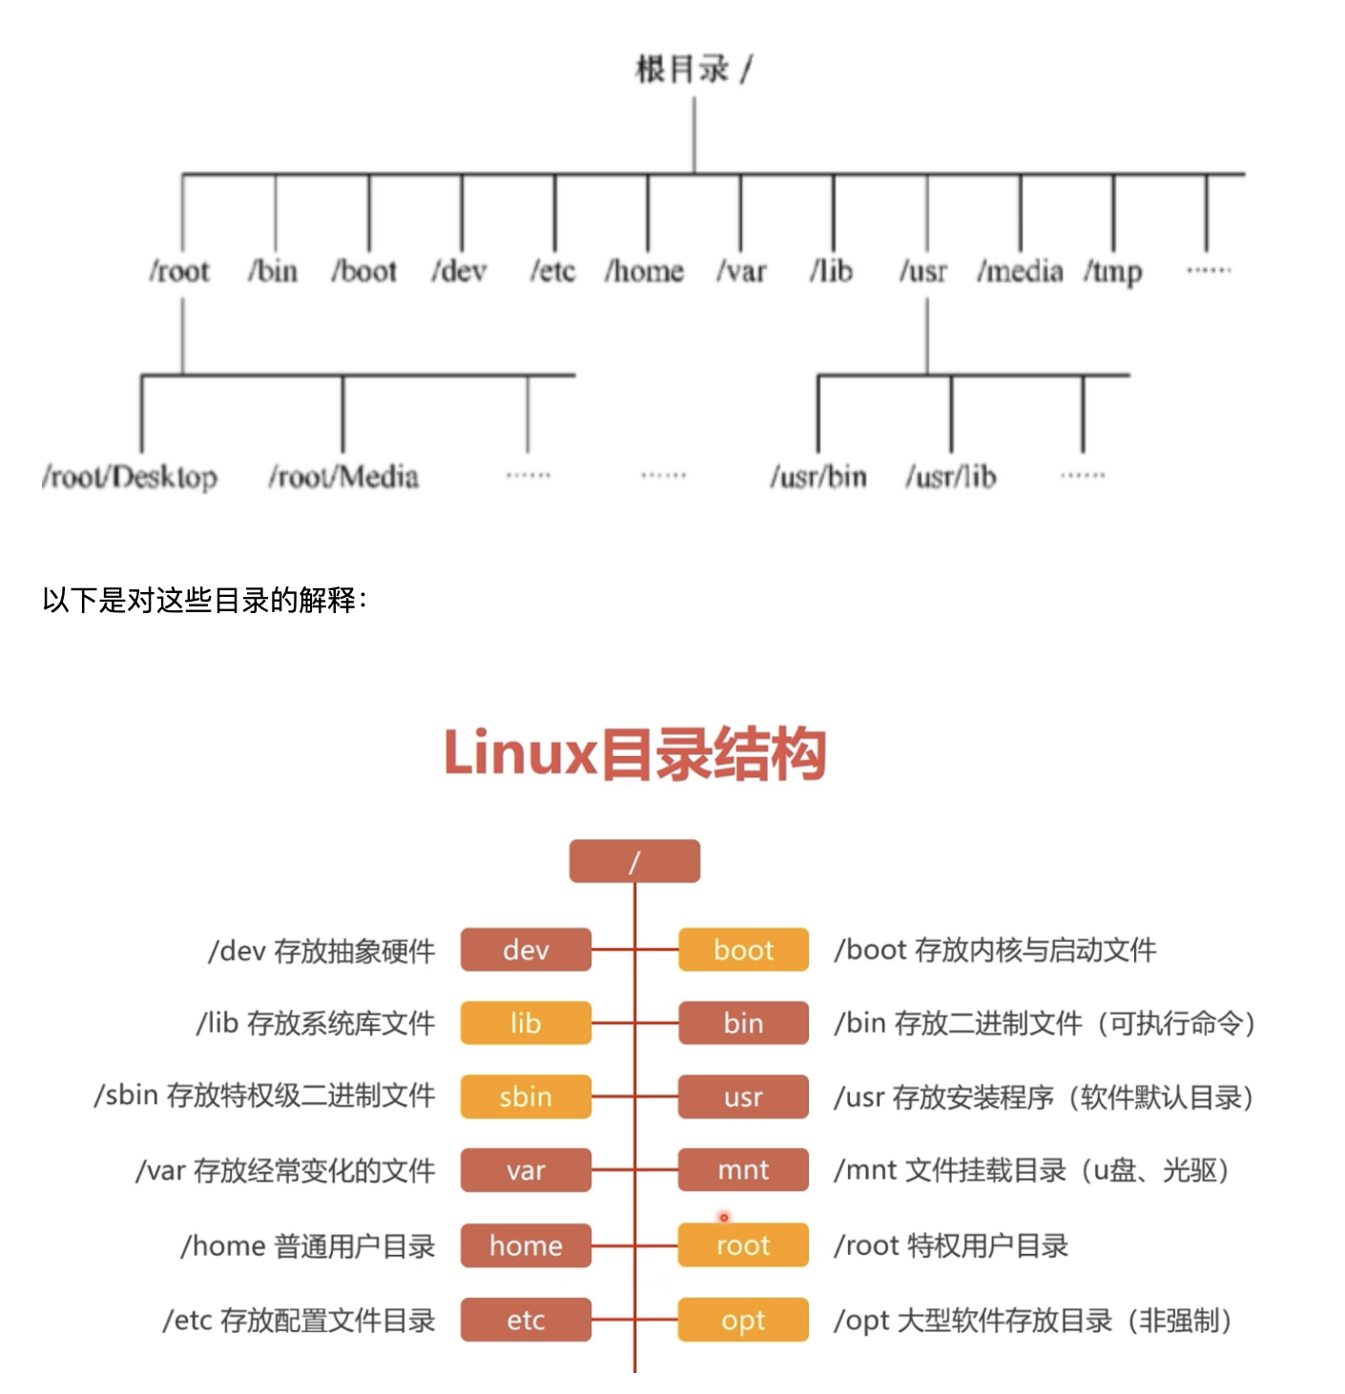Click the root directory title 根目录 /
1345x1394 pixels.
coord(693,70)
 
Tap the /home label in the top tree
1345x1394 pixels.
coord(645,272)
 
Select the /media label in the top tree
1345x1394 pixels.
coord(1020,272)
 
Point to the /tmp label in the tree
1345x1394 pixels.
coord(1112,273)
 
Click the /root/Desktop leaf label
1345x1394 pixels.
coord(130,476)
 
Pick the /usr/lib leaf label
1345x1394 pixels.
coord(950,476)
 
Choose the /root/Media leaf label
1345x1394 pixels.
coord(343,476)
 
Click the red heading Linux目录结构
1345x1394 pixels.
coord(634,753)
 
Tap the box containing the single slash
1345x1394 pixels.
coord(634,862)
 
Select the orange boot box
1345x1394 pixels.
coord(743,950)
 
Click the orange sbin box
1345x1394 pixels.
coord(526,1097)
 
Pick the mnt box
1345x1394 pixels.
coord(743,1170)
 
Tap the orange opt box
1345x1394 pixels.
coord(743,1321)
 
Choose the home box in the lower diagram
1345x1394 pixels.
coord(526,1245)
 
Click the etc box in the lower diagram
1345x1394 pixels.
coord(526,1321)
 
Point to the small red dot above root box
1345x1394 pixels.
coord(724,1218)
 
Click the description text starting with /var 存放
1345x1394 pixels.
coord(285,1170)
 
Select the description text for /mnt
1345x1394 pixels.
coord(1031,1170)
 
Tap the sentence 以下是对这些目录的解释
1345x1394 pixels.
coord(204,600)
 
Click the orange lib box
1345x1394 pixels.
coord(526,1023)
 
